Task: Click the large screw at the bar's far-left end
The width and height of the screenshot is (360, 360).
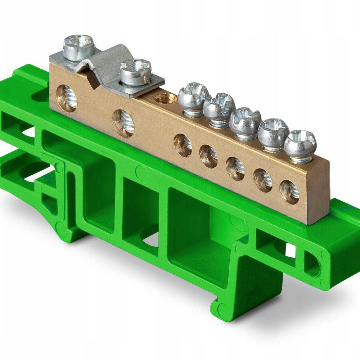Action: pyautogui.click(x=79, y=47)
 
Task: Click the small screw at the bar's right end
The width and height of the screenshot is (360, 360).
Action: pyautogui.click(x=300, y=146)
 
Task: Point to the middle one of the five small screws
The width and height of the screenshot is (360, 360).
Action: pyautogui.click(x=245, y=122)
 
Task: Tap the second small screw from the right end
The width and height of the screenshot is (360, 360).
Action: pyautogui.click(x=273, y=134)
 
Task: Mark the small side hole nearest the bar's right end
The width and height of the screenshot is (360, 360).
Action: pyautogui.click(x=289, y=192)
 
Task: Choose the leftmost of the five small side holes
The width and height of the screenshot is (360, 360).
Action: pyautogui.click(x=183, y=145)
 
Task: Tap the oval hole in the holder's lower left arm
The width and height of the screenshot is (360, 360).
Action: pyautogui.click(x=34, y=170)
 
